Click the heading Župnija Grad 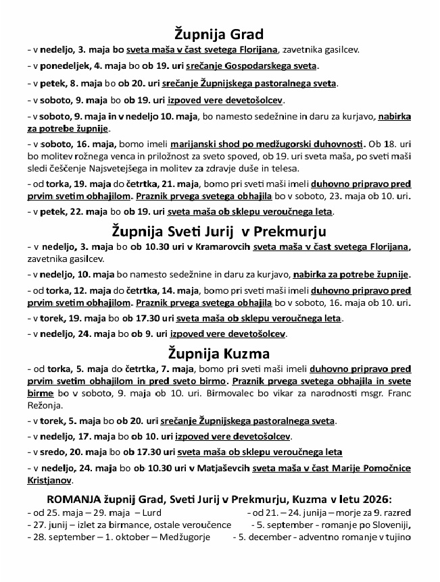[x=219, y=34]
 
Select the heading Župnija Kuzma [x=219, y=353]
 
